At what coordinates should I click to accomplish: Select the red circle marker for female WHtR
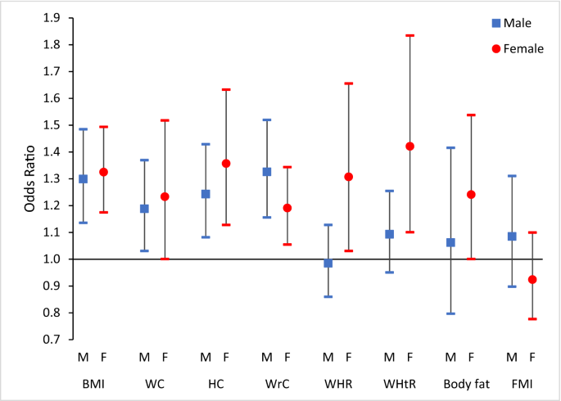coord(409,146)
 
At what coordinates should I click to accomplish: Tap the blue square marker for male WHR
coord(328,264)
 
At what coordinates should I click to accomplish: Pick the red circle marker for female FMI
coord(532,280)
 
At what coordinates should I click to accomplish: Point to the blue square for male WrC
coord(267,172)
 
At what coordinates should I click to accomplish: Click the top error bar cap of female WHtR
coord(409,36)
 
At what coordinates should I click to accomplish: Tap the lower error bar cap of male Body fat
coord(450,313)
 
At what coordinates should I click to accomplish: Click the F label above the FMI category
coord(532,357)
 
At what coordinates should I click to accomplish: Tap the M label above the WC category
coord(145,357)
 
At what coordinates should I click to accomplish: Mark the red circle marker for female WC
coord(165,196)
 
